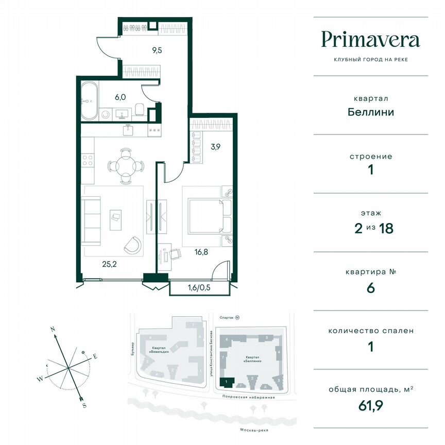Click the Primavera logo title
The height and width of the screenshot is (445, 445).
pos(370,39)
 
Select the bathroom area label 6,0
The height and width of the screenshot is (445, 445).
pos(120,96)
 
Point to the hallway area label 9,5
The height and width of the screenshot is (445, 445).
pos(157,50)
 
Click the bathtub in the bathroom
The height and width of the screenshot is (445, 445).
pos(88,101)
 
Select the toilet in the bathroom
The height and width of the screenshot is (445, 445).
pos(139,109)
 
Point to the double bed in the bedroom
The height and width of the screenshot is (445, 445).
pos(206,216)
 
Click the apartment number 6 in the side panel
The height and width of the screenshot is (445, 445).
pos(370,287)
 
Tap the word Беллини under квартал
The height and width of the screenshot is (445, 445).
pos(370,112)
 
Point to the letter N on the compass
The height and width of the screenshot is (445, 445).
pos(53,328)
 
